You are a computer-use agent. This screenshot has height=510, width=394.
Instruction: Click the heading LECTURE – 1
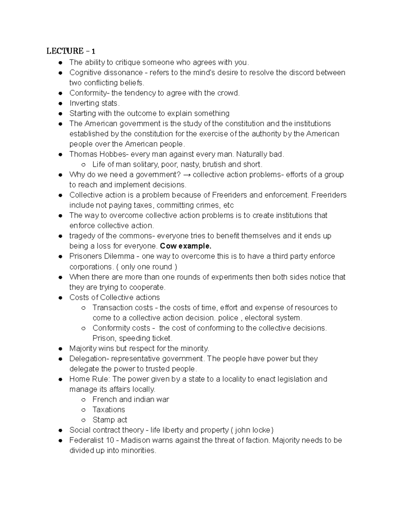[x=71, y=51]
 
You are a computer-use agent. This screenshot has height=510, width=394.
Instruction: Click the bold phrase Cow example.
[x=186, y=246]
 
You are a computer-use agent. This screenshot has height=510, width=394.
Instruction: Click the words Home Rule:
[x=90, y=379]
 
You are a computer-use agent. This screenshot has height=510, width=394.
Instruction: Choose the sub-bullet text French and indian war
[x=131, y=399]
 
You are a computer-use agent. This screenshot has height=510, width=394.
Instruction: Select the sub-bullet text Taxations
[x=109, y=410]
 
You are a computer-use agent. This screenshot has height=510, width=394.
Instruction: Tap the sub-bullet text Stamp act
[x=110, y=420]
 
